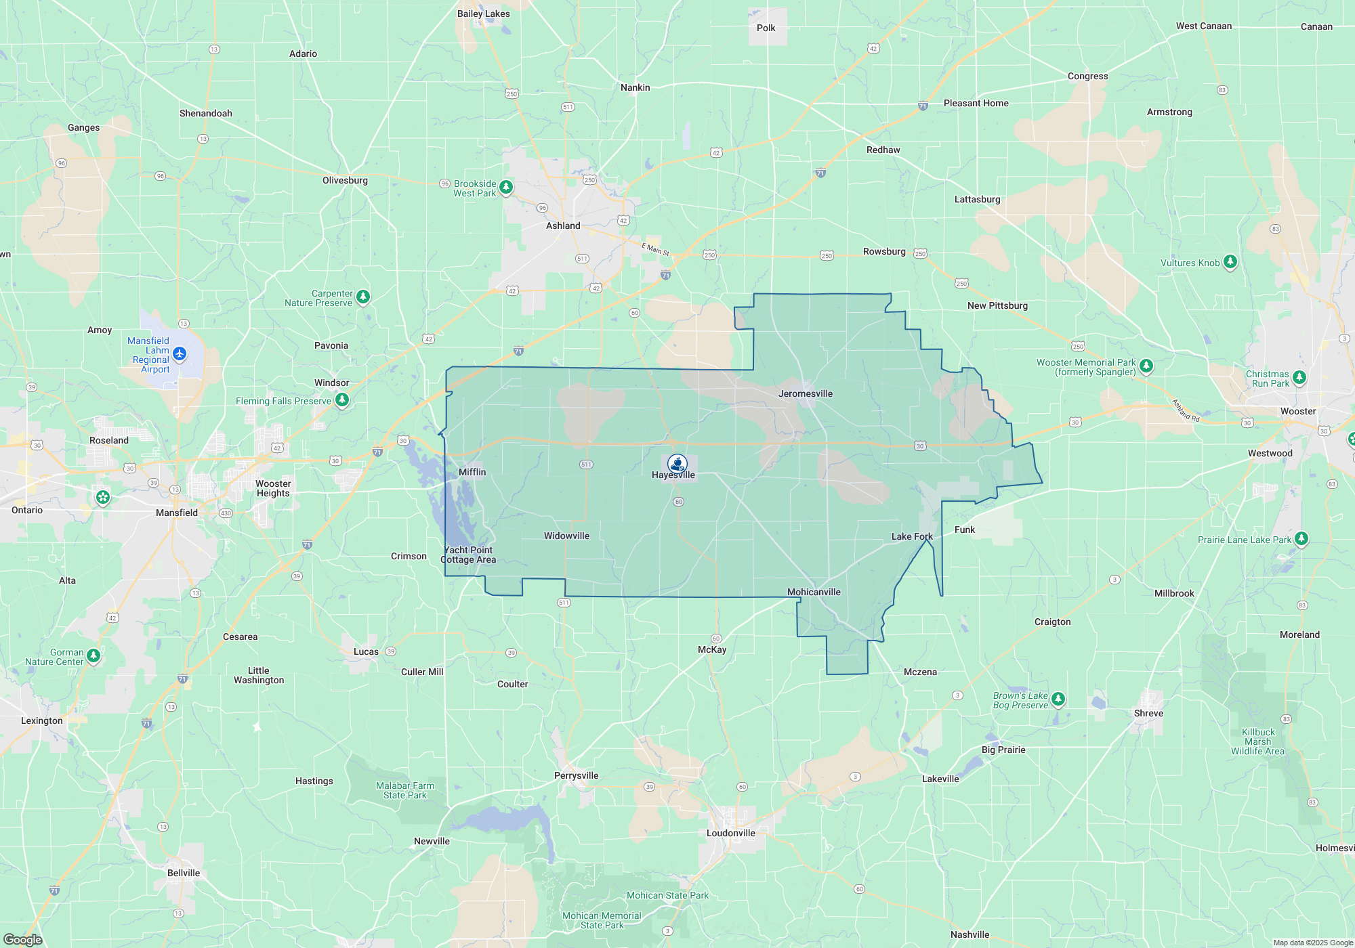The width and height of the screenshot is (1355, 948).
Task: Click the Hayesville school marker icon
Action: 677,463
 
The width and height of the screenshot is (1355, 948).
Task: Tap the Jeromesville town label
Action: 805,393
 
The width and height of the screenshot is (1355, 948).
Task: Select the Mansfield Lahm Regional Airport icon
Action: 180,353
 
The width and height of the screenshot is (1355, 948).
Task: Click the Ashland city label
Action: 563,225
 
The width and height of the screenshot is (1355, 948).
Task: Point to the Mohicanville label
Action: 814,592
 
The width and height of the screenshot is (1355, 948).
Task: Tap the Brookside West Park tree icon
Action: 506,186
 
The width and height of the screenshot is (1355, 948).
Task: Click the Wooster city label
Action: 1297,411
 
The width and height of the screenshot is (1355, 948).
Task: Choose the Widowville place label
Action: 566,536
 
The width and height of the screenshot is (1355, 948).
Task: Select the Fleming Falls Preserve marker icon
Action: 342,400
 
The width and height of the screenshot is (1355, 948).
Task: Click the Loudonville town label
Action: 730,833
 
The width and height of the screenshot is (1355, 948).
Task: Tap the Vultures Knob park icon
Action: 1230,262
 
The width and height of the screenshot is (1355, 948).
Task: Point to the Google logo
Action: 22,939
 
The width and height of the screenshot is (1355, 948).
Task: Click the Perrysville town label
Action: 576,775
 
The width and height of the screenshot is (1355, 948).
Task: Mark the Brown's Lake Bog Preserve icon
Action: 1058,698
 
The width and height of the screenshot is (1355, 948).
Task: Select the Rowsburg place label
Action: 883,251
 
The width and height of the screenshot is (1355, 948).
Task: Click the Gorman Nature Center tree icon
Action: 93,655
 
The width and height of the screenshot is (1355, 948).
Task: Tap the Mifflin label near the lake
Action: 472,472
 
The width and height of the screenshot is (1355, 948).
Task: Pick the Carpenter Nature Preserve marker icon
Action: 363,297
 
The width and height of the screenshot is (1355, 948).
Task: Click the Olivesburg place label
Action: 345,180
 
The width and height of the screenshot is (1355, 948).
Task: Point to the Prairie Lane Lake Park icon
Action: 1301,539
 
